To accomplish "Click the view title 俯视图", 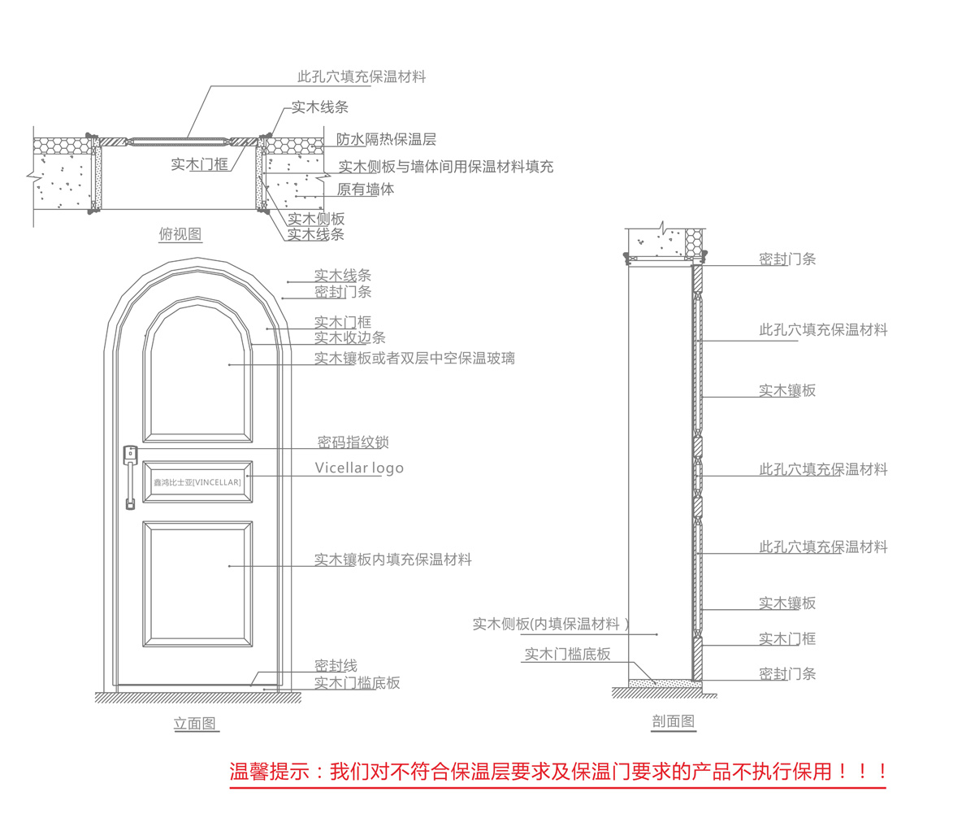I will click(180, 234).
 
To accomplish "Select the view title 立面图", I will click(195, 723).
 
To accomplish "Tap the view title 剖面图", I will click(674, 720).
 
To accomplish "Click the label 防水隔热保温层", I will click(386, 140).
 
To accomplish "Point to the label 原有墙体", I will click(366, 189).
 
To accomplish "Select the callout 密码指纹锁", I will click(353, 442).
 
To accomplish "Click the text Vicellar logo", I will click(359, 468).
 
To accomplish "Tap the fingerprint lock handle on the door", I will click(130, 476).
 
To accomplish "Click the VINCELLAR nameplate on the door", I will click(197, 482).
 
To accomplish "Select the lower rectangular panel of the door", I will click(197, 583).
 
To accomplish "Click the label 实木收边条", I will click(349, 337).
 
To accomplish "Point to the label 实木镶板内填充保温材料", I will click(392, 559).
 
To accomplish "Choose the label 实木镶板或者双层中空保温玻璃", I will click(414, 358).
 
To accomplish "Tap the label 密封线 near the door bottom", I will click(336, 666).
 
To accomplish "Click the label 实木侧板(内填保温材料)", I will click(551, 624).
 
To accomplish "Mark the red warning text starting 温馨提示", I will click(557, 771).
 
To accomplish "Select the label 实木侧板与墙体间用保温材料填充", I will click(445, 167).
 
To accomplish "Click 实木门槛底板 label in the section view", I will click(567, 654).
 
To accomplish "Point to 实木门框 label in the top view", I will click(200, 164).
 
